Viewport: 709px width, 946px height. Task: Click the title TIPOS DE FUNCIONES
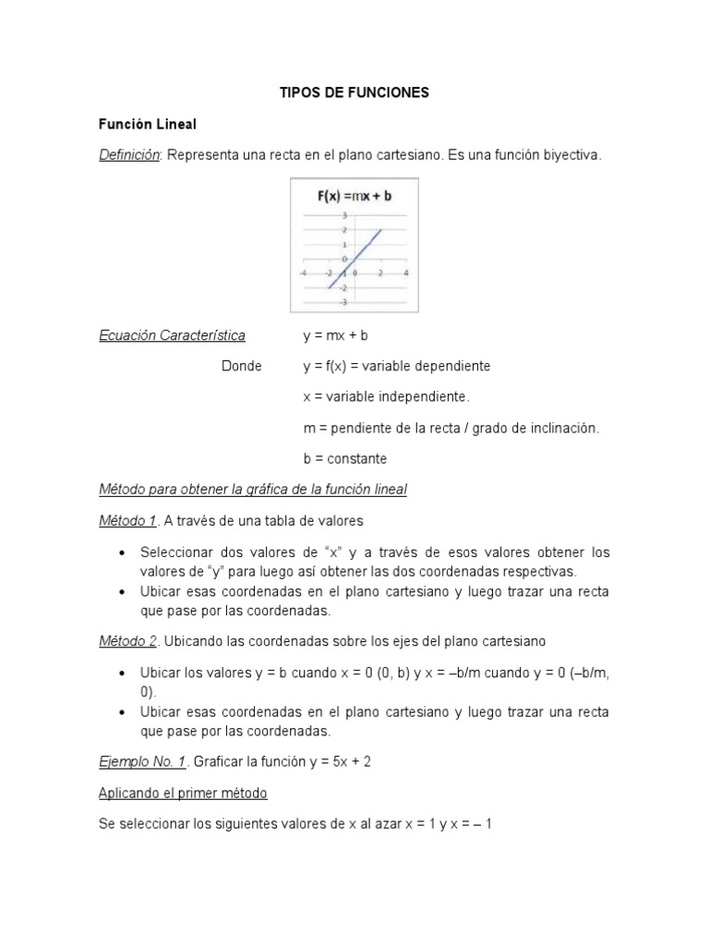click(355, 93)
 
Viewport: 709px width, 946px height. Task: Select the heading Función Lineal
click(148, 124)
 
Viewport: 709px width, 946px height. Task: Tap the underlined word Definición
click(129, 155)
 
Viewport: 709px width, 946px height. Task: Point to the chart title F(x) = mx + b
click(354, 196)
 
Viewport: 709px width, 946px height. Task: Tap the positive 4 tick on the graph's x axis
click(406, 273)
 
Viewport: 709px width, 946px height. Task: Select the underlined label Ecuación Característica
click(173, 335)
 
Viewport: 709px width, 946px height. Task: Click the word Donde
click(242, 366)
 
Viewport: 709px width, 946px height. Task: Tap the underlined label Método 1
click(127, 520)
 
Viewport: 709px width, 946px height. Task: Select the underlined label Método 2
click(127, 640)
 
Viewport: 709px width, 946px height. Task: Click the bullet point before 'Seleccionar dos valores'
click(123, 552)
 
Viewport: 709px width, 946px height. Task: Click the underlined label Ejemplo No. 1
click(143, 761)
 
